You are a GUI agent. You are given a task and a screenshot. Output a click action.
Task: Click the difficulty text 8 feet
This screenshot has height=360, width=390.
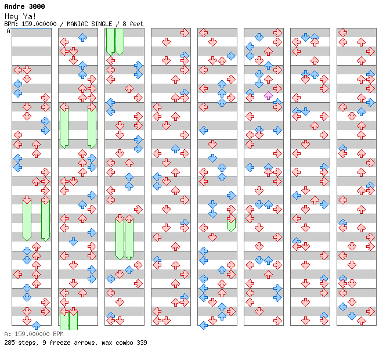(131, 24)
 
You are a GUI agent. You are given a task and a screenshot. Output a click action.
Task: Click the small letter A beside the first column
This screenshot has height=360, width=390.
(8, 31)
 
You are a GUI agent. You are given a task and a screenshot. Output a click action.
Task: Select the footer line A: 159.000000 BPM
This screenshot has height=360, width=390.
(34, 334)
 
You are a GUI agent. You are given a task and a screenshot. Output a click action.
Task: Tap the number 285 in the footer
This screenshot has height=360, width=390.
(9, 343)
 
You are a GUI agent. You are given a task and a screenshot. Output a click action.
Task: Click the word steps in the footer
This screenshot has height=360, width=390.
(27, 343)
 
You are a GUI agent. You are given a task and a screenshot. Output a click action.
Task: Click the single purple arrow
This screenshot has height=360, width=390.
(268, 95)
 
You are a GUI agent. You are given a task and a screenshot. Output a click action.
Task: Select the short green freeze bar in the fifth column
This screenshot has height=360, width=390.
(231, 223)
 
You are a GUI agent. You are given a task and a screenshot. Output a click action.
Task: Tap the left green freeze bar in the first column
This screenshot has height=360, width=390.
(27, 218)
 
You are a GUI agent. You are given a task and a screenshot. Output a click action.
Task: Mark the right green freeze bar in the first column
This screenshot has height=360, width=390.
(45, 218)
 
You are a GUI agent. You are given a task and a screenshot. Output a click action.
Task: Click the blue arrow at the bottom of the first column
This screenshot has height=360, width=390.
(36, 325)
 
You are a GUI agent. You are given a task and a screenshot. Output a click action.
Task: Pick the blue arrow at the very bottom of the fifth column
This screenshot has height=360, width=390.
(203, 325)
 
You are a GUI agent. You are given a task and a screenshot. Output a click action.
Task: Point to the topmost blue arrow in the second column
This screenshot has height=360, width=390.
(82, 37)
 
